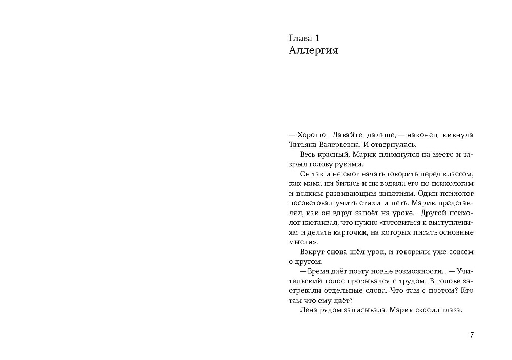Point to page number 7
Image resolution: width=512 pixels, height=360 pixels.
tap(472, 335)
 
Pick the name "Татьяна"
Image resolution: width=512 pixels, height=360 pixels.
tap(304, 145)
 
